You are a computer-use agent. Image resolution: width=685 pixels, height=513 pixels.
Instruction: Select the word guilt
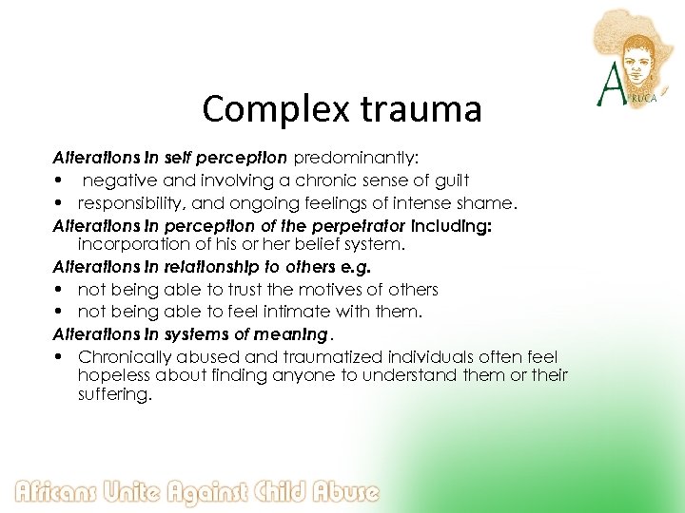447,180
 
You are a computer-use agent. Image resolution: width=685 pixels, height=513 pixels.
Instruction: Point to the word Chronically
125,357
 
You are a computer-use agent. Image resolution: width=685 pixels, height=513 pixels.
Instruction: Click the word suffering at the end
114,395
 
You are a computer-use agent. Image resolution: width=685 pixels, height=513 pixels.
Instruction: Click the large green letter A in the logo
609,87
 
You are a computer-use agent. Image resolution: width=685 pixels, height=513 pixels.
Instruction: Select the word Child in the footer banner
281,492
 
